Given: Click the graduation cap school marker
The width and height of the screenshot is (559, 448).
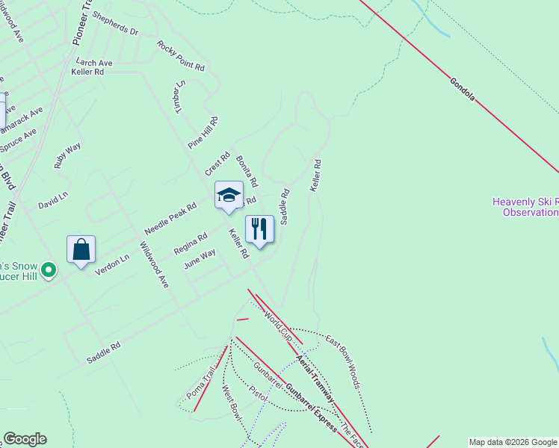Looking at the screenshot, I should pyautogui.click(x=229, y=196).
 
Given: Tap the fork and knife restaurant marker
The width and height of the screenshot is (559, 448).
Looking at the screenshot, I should pyautogui.click(x=259, y=229).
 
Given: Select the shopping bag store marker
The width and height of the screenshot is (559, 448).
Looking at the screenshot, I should pyautogui.click(x=81, y=249).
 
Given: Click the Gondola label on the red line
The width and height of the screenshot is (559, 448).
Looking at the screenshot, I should pyautogui.click(x=463, y=88).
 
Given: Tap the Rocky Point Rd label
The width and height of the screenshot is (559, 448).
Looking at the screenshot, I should pyautogui.click(x=180, y=55).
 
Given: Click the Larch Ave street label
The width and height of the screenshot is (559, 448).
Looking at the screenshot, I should pyautogui.click(x=94, y=63).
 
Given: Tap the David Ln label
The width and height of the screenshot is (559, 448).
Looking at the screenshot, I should pyautogui.click(x=53, y=200).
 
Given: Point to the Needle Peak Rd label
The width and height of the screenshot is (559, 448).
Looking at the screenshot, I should pyautogui.click(x=170, y=217).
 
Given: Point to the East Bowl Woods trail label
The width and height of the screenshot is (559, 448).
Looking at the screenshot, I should pyautogui.click(x=343, y=362).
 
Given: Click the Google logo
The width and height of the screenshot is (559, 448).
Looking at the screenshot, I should pyautogui.click(x=25, y=439).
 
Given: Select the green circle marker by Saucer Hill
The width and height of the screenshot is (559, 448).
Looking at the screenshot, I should pyautogui.click(x=49, y=269).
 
